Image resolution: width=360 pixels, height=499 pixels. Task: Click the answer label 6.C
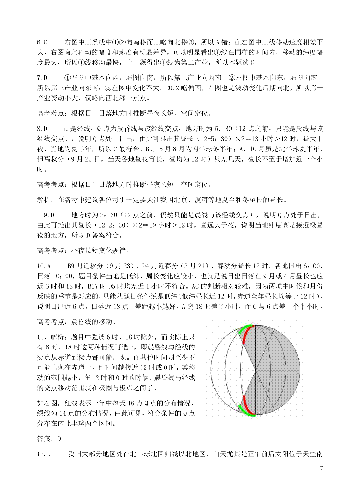pyautogui.click(x=42, y=42)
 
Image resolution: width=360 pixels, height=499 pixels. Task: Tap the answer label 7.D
pyautogui.click(x=42, y=78)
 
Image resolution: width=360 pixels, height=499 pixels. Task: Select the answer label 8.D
pyautogui.click(x=42, y=129)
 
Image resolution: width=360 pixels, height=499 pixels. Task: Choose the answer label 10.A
pyautogui.click(x=44, y=266)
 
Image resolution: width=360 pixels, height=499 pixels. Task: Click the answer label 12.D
pyautogui.click(x=44, y=454)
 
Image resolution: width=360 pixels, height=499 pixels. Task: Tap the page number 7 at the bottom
pyautogui.click(x=322, y=468)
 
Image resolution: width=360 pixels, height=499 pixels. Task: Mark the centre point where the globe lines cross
pyautogui.click(x=255, y=370)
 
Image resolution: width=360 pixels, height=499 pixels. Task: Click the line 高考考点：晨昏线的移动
pyautogui.click(x=76, y=322)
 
